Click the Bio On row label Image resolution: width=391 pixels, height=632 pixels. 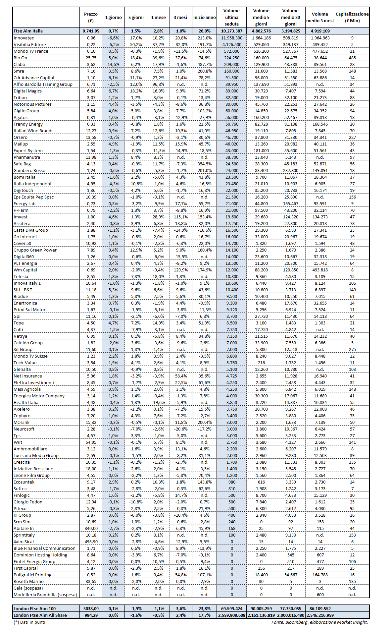click(x=21, y=58)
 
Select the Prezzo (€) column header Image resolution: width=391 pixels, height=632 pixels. click(x=91, y=17)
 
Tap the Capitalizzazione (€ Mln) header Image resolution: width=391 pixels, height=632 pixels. click(x=352, y=17)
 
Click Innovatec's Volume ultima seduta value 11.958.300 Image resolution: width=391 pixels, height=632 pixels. click(x=231, y=38)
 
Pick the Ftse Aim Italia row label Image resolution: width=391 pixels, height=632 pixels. click(x=28, y=31)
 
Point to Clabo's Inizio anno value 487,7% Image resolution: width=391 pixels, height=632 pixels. click(x=204, y=64)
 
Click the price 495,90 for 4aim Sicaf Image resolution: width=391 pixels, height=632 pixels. click(x=91, y=542)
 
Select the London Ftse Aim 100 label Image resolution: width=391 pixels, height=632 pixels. click(x=35, y=608)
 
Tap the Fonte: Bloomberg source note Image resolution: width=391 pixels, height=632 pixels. click(x=319, y=622)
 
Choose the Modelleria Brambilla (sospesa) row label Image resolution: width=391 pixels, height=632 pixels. click(x=45, y=595)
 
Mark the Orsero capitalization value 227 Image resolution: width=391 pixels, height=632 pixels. click(x=352, y=137)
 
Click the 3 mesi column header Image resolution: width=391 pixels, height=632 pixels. click(x=180, y=17)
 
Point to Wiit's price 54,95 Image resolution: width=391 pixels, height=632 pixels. click(x=91, y=442)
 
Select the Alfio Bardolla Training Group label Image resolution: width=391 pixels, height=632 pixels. click(x=43, y=84)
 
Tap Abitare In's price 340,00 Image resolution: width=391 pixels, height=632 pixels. click(x=91, y=528)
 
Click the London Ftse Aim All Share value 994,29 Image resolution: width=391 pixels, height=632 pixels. click(x=91, y=615)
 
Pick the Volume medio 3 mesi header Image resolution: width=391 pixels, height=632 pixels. click(x=320, y=17)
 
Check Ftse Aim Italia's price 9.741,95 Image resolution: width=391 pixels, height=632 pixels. click(x=91, y=31)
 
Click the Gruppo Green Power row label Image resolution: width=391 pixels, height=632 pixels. click(x=35, y=250)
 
